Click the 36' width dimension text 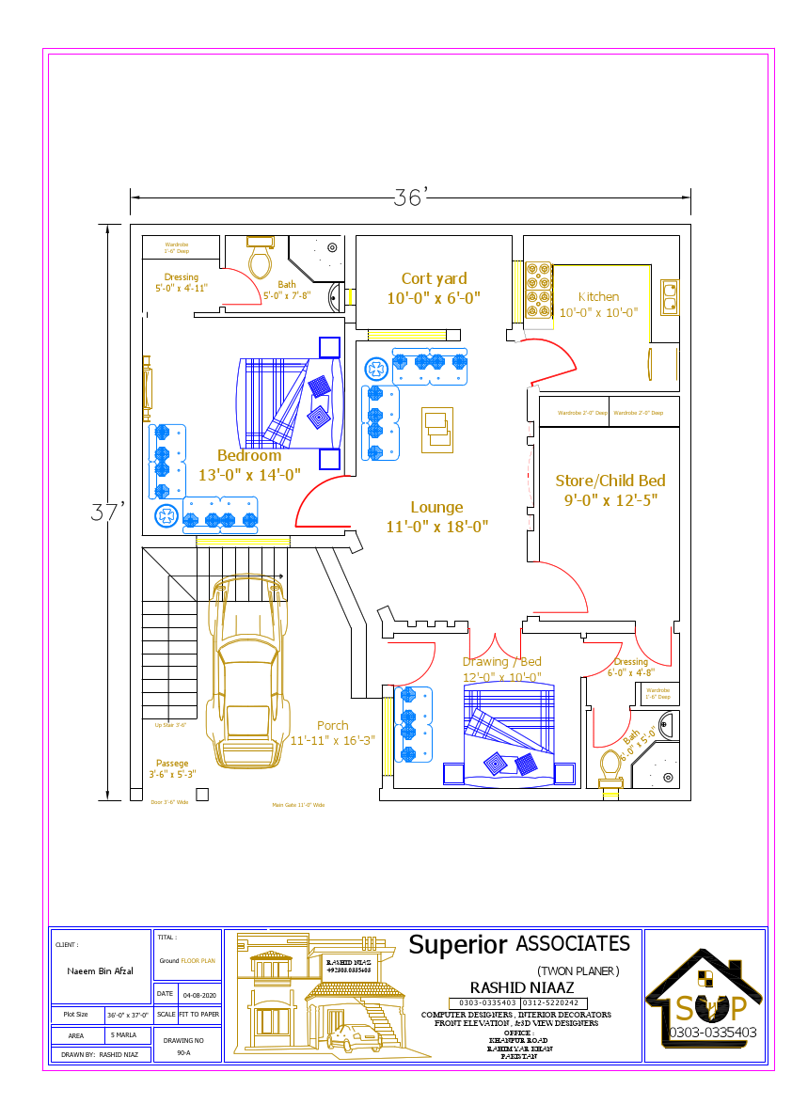(411, 197)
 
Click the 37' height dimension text (108, 513)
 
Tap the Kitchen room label (598, 297)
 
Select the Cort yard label (434, 279)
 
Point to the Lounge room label (436, 508)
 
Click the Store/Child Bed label (610, 481)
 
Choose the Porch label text (332, 725)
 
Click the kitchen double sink (670, 296)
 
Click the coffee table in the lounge (436, 428)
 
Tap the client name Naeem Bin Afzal (100, 970)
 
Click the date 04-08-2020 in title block (199, 994)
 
